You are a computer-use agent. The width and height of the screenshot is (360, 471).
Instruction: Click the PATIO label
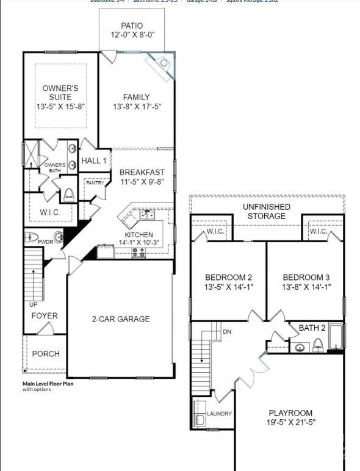pyautogui.click(x=132, y=26)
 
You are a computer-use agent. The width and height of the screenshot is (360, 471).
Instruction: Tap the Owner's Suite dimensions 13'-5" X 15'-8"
pyautogui.click(x=60, y=107)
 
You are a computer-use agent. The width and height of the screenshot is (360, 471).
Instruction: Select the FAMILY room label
pyautogui.click(x=136, y=97)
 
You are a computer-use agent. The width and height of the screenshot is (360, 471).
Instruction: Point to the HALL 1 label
pyautogui.click(x=95, y=160)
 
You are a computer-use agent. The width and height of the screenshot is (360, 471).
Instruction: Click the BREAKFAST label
pyautogui.click(x=142, y=172)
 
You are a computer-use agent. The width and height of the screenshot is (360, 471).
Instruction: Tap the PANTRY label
pyautogui.click(x=95, y=182)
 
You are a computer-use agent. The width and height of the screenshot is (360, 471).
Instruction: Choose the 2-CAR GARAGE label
pyautogui.click(x=121, y=318)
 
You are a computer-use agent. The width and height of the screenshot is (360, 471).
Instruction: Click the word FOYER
pyautogui.click(x=45, y=315)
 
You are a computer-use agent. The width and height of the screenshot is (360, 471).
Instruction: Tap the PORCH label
pyautogui.click(x=46, y=354)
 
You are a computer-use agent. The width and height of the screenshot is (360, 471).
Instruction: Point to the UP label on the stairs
pyautogui.click(x=33, y=303)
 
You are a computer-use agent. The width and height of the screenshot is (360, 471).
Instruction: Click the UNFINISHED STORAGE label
pyautogui.click(x=266, y=211)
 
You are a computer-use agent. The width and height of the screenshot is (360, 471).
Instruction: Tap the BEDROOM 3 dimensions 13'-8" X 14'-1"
pyautogui.click(x=306, y=287)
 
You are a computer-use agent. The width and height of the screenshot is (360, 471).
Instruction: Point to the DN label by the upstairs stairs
pyautogui.click(x=228, y=332)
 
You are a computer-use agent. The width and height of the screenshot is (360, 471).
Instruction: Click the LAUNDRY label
pyautogui.click(x=219, y=414)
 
